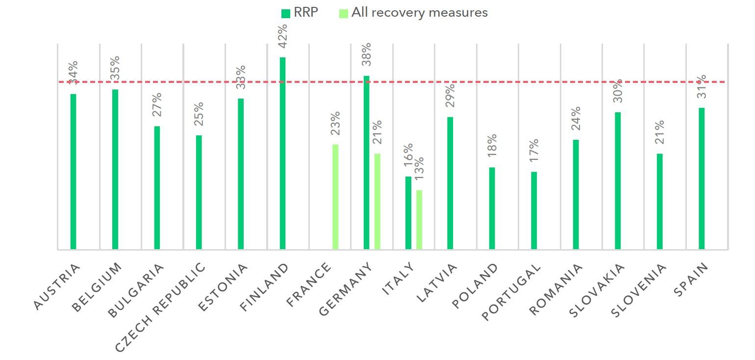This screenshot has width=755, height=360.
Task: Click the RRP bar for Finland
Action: [282, 154]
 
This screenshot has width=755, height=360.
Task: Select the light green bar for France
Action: [335, 197]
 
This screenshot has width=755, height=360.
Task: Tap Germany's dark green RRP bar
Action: [366, 162]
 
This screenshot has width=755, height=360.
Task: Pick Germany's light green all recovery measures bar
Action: [377, 202]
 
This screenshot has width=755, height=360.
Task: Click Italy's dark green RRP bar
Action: [408, 213]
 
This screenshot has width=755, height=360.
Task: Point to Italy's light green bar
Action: [419, 220]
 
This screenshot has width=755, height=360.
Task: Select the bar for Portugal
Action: [534, 211]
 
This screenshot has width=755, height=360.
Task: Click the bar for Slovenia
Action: [659, 202]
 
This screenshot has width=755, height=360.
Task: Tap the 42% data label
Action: [282, 36]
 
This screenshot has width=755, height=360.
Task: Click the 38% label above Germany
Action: [366, 54]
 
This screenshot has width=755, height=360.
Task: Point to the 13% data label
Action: [419, 169]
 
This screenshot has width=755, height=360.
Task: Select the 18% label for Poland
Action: [492, 146]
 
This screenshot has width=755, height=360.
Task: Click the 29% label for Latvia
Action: [450, 96]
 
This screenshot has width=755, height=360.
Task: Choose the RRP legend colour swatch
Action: [286, 13]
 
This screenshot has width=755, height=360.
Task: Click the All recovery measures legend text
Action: [420, 12]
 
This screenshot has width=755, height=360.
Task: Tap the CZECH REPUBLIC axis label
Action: [160, 307]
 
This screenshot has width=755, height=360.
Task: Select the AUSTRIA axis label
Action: [57, 287]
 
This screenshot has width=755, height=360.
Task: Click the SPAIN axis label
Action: [691, 280]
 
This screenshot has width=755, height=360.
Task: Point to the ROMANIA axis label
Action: [556, 289]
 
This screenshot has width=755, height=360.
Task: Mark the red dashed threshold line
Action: [392, 82]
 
